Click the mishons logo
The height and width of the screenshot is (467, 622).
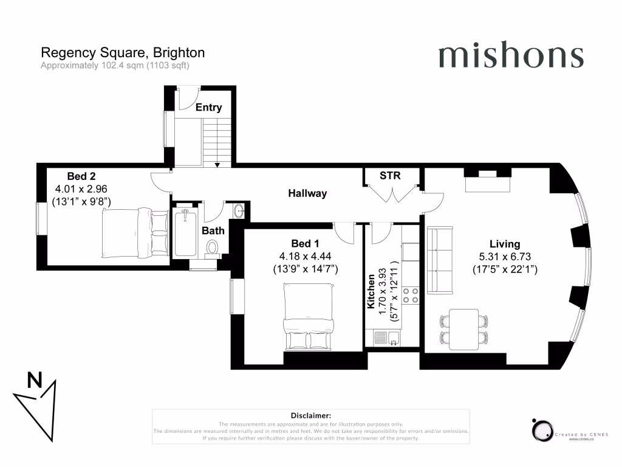(510, 56)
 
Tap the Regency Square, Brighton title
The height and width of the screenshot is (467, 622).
(122, 53)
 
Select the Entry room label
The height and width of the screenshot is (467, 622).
(209, 108)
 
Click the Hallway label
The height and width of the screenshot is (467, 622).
(307, 193)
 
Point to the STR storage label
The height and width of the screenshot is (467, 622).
(390, 176)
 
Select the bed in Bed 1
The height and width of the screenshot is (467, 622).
(308, 317)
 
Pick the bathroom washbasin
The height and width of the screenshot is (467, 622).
(239, 211)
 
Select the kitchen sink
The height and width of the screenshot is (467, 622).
(386, 337)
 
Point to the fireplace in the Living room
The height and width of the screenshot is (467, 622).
(487, 181)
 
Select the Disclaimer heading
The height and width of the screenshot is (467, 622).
(310, 415)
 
